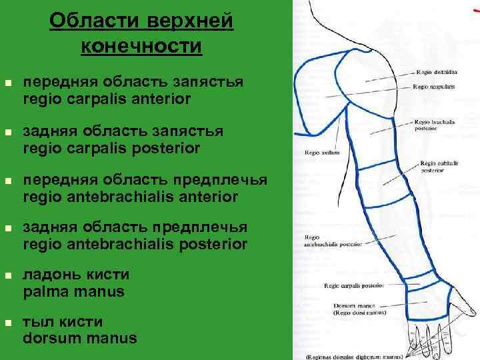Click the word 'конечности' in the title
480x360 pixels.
[x=141, y=46]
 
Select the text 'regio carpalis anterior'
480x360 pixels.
[x=107, y=99]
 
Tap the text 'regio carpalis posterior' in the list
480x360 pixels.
[x=111, y=148]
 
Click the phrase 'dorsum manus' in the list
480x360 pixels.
[x=80, y=338]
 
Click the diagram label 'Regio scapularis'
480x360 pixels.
[x=435, y=86]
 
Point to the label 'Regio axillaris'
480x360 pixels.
[x=323, y=152]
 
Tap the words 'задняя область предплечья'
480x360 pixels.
[x=135, y=228]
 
